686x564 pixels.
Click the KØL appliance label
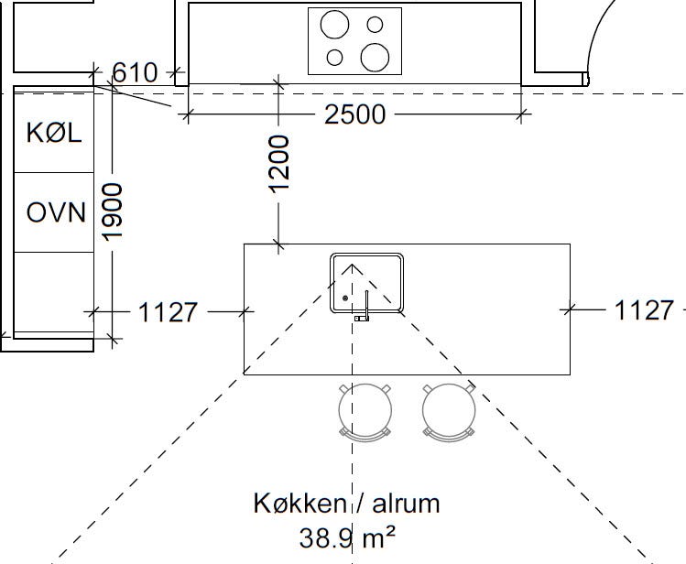tap(54, 133)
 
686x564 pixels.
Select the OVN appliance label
tap(56, 212)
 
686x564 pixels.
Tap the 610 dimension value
tap(135, 72)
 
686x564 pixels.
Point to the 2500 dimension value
tap(354, 114)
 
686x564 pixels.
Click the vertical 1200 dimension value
tap(279, 164)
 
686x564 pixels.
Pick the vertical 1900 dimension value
tap(112, 212)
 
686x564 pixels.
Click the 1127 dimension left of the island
tap(168, 312)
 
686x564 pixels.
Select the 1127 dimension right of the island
tap(644, 310)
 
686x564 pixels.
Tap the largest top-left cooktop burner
tap(334, 25)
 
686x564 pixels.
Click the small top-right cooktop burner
tap(375, 25)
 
